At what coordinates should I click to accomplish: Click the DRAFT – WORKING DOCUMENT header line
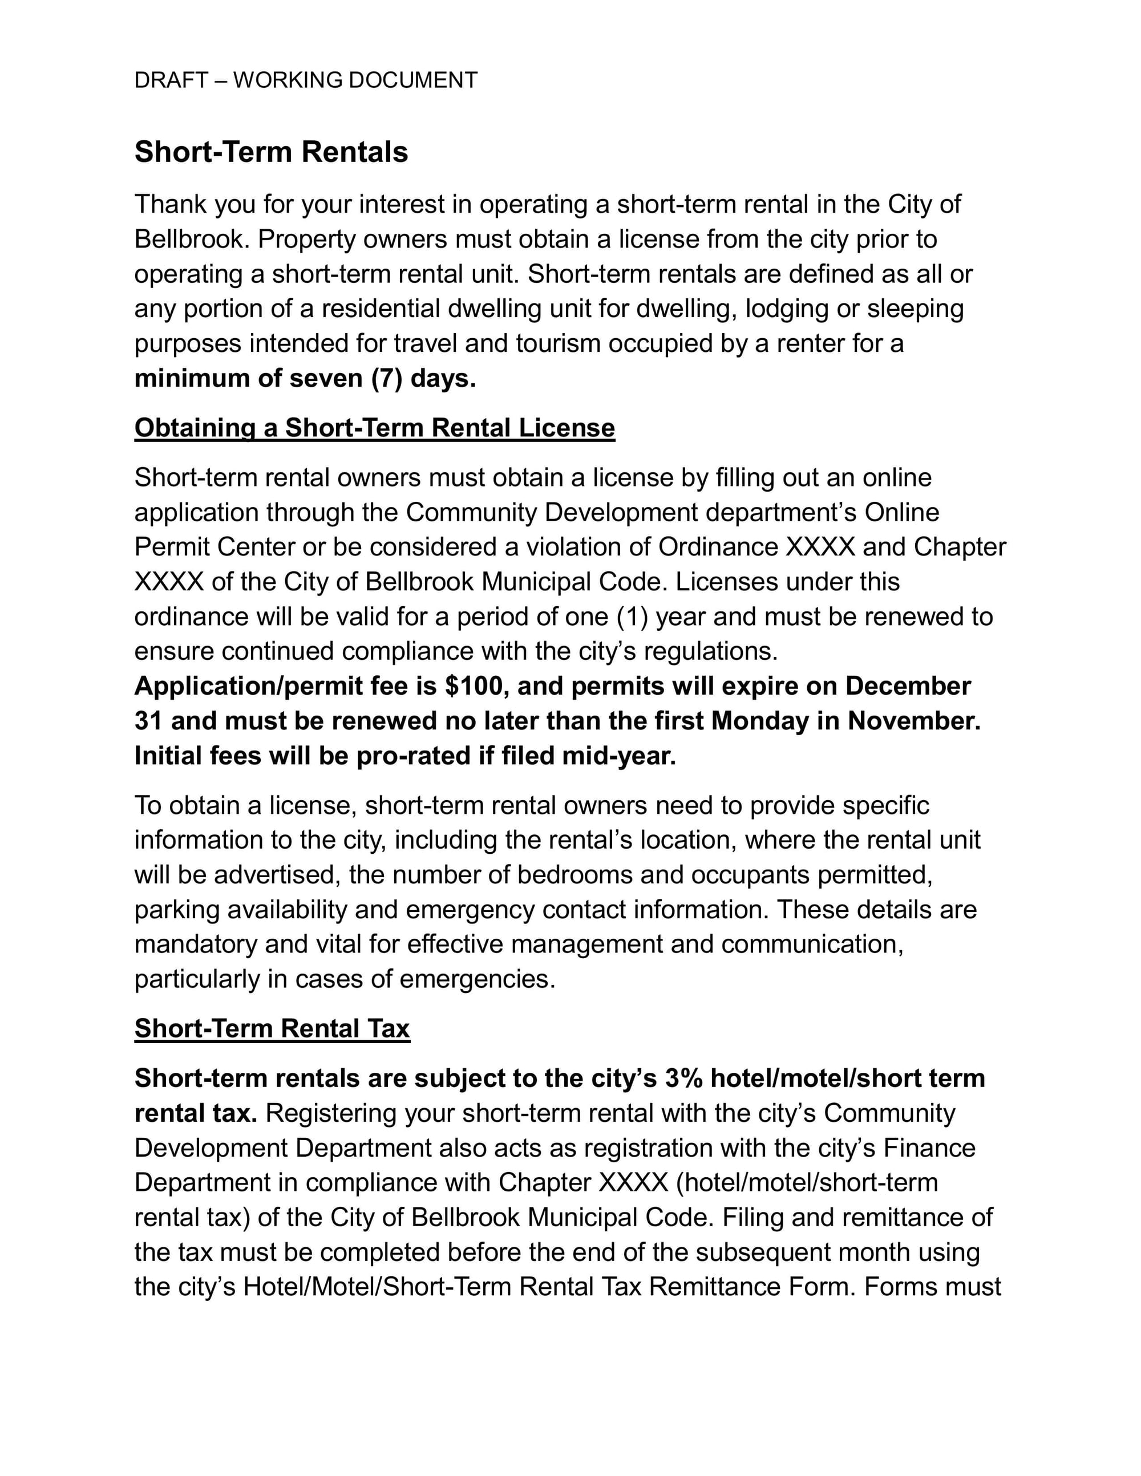click(x=306, y=80)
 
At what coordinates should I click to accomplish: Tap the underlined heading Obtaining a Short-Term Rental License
click(x=374, y=428)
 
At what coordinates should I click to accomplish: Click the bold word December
click(x=908, y=686)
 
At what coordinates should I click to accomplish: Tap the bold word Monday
click(x=760, y=720)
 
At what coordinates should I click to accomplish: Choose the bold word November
click(x=914, y=720)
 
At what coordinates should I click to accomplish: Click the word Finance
click(x=929, y=1147)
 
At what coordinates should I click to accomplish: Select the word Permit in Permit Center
click(x=172, y=547)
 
